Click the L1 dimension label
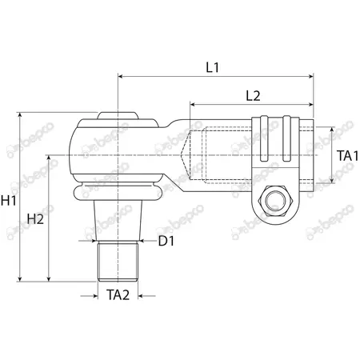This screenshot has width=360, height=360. point(213,68)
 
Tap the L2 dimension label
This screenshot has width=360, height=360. point(253,96)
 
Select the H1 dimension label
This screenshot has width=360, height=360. point(9,201)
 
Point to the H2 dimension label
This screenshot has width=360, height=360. point(35,219)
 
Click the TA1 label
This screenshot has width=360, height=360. point(348,156)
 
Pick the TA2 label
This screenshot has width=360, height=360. point(118,295)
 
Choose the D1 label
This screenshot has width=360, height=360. point(166,241)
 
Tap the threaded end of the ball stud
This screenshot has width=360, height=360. point(118,261)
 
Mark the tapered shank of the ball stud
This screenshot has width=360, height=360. point(118,220)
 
